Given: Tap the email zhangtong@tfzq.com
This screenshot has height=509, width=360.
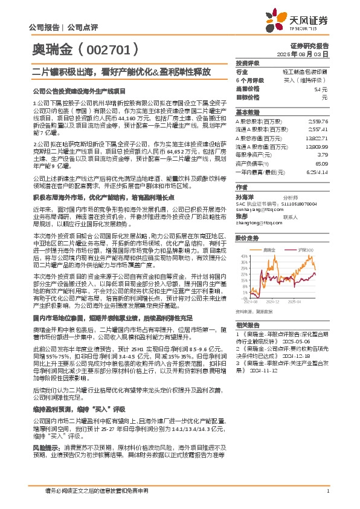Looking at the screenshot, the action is (257, 222).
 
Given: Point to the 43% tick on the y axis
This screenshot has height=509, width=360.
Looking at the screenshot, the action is (242, 255).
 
